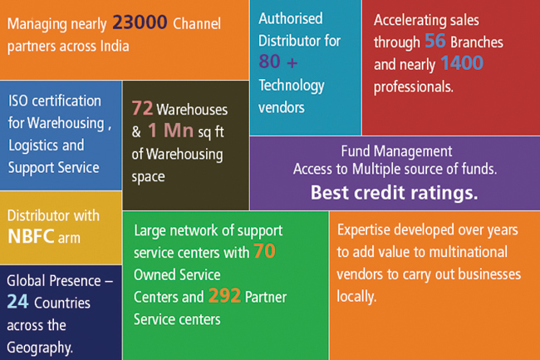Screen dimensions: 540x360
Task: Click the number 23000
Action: click(140, 22)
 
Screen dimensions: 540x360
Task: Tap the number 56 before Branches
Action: click(435, 41)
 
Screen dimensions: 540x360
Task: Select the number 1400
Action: click(462, 63)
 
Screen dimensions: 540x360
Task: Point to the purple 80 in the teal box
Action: click(269, 62)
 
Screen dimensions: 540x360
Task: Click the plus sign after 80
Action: click(292, 63)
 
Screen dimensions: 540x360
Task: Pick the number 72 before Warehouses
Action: click(142, 108)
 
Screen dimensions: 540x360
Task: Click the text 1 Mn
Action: click(170, 131)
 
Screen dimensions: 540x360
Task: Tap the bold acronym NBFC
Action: click(31, 237)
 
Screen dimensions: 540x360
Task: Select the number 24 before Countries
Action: click(17, 302)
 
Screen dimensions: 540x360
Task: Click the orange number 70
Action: click(264, 251)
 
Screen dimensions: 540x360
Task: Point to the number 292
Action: click(224, 296)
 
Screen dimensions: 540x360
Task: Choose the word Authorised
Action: click(291, 18)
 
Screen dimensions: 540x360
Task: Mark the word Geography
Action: click(40, 348)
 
